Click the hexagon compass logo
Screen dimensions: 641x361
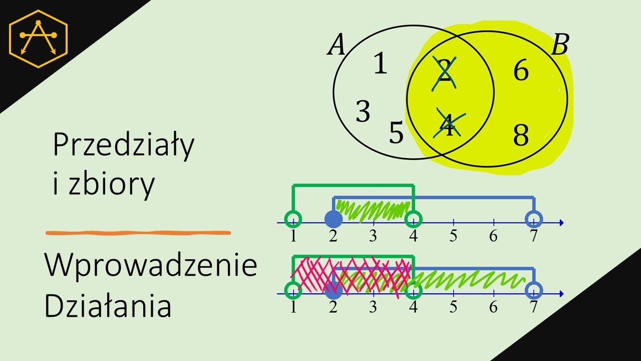39,39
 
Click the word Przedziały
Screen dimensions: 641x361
124,146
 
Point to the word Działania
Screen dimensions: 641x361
108,305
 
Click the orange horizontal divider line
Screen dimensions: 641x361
138,233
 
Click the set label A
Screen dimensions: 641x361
336,45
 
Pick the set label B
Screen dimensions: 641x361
560,45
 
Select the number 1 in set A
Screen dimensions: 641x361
380,64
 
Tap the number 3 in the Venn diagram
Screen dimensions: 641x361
363,111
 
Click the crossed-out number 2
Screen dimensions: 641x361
444,74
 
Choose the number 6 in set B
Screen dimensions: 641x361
521,70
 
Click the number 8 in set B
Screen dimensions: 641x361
521,135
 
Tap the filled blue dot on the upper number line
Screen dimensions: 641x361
334,219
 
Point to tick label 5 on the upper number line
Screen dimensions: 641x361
453,236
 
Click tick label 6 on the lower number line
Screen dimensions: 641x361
493,307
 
